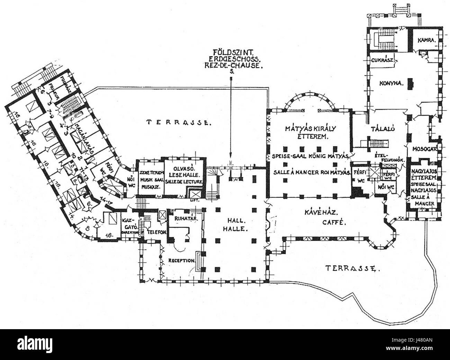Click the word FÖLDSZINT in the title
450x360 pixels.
(231, 55)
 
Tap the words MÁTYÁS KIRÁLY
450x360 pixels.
(309, 129)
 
